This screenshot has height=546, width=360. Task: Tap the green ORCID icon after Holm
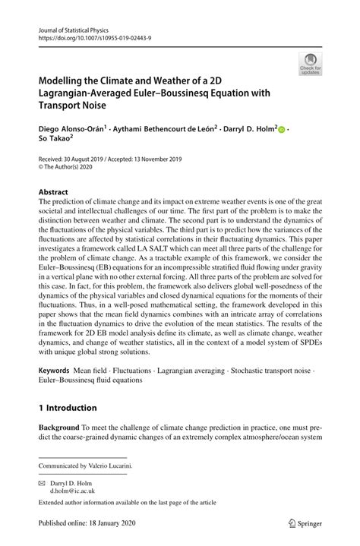[x=282, y=131]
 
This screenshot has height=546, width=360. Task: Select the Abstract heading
[x=54, y=192]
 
